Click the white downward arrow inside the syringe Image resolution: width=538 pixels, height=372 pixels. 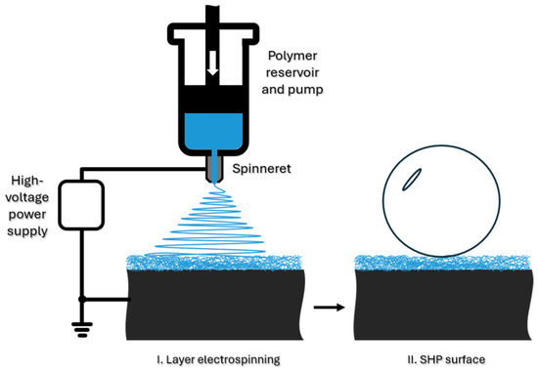click(212, 63)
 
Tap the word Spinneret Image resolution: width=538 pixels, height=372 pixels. click(261, 169)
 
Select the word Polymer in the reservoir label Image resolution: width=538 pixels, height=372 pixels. click(292, 56)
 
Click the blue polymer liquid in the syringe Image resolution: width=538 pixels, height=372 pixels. click(213, 131)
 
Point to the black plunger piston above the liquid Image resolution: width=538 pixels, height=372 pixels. click(213, 99)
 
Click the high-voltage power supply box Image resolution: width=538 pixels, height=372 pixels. click(81, 205)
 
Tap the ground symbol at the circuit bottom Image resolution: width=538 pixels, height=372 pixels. click(81, 330)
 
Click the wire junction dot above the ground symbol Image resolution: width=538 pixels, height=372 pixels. click(81, 300)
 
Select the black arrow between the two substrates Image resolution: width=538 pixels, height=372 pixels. click(330, 308)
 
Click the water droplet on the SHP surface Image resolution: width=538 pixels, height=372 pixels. click(441, 201)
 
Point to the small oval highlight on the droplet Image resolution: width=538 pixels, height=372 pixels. click(412, 179)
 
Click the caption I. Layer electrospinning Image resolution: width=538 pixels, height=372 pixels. click(218, 360)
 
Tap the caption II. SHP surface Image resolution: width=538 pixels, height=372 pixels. click(446, 359)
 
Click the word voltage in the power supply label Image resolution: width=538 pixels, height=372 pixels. click(27, 197)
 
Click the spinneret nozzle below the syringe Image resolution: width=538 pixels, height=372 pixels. click(214, 169)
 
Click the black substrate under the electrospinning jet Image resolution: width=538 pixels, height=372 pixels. click(215, 305)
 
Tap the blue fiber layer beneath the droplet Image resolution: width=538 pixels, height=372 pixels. click(442, 263)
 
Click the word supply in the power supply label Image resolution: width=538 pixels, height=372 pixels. click(27, 231)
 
